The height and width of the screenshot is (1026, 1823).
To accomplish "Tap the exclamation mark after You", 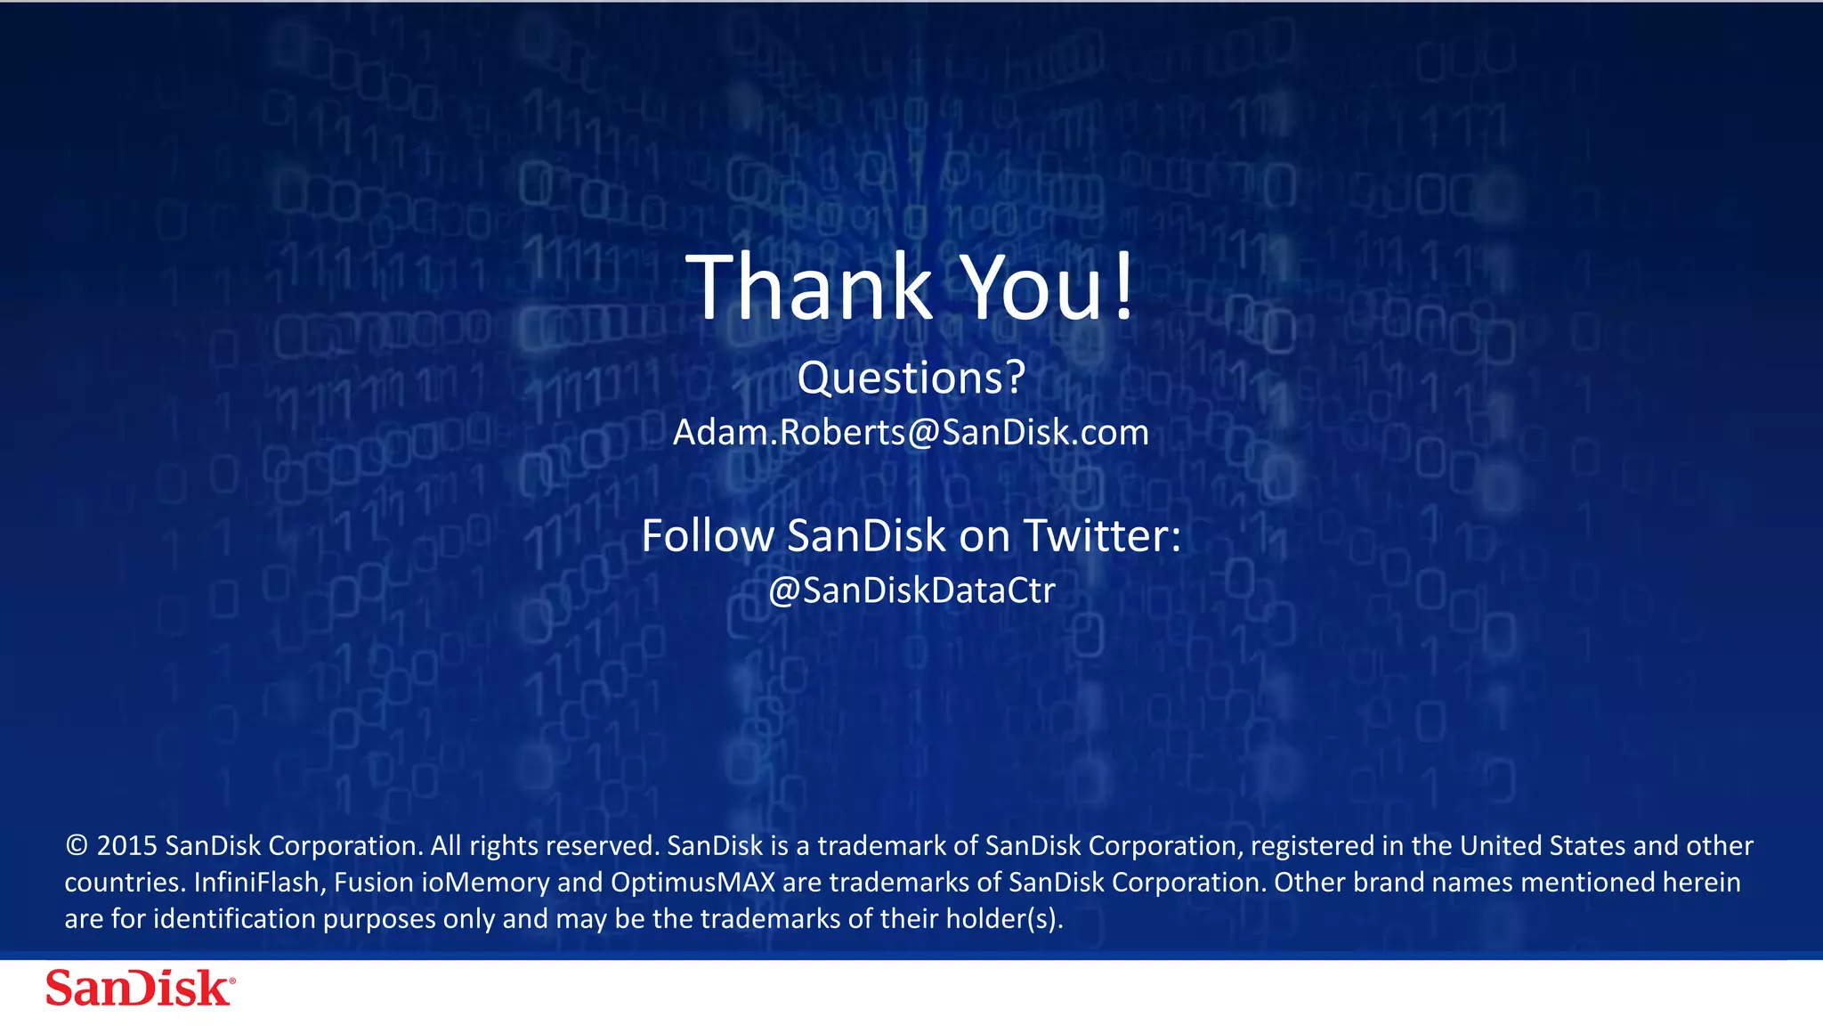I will coord(1124,287).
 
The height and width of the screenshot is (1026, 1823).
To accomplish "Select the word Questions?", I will coord(911,378).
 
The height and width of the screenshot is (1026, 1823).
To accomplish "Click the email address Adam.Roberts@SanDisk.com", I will coord(911,433).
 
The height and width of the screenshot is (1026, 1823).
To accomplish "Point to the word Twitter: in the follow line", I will coord(1102,536).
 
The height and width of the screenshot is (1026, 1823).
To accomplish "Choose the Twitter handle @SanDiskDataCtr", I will coord(911,590).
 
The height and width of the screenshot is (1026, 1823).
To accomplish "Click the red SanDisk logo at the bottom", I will coord(141,989).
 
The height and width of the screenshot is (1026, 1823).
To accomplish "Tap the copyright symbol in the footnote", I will coord(77,846).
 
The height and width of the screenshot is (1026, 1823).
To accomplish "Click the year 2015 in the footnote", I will coord(126,846).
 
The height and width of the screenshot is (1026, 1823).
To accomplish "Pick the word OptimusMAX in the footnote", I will coord(693,883).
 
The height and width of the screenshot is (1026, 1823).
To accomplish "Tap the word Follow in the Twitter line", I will coord(708,536).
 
